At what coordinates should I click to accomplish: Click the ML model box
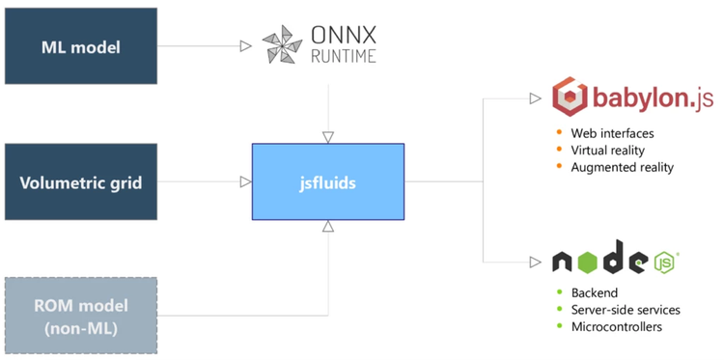[x=80, y=46]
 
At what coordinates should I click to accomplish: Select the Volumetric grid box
[x=80, y=182]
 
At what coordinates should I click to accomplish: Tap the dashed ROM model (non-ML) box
[x=80, y=315]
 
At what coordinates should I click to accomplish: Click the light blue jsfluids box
[x=328, y=181]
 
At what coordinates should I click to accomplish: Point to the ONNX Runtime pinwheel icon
[x=284, y=45]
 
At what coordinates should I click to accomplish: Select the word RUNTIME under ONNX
[x=344, y=56]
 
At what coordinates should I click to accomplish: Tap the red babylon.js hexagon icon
[x=571, y=98]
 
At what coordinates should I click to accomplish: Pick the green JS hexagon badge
[x=665, y=262]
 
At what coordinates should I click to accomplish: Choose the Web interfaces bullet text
[x=612, y=132]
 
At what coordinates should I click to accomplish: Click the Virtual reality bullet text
[x=607, y=150]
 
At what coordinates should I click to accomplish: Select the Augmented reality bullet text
[x=622, y=167]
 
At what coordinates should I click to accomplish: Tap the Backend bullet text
[x=594, y=292]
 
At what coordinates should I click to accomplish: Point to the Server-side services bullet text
[x=625, y=310]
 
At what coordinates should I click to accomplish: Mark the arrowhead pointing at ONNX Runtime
[x=245, y=45]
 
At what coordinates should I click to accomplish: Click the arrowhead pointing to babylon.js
[x=536, y=98]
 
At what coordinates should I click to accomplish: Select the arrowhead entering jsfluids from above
[x=328, y=137]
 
